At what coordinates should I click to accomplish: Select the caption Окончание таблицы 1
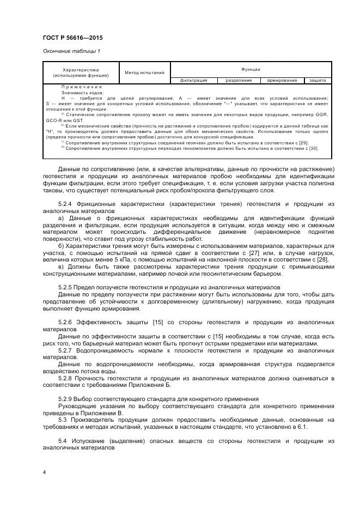pyautogui.click(x=71, y=51)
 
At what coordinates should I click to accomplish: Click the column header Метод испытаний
pyautogui.click(x=144, y=72)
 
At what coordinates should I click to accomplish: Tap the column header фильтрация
pyautogui.click(x=194, y=80)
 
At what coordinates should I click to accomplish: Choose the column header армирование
pyautogui.click(x=282, y=80)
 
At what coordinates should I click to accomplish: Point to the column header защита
pyautogui.click(x=317, y=80)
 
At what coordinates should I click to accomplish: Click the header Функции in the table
pyautogui.click(x=251, y=69)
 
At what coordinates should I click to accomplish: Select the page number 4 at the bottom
pyautogui.click(x=44, y=472)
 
